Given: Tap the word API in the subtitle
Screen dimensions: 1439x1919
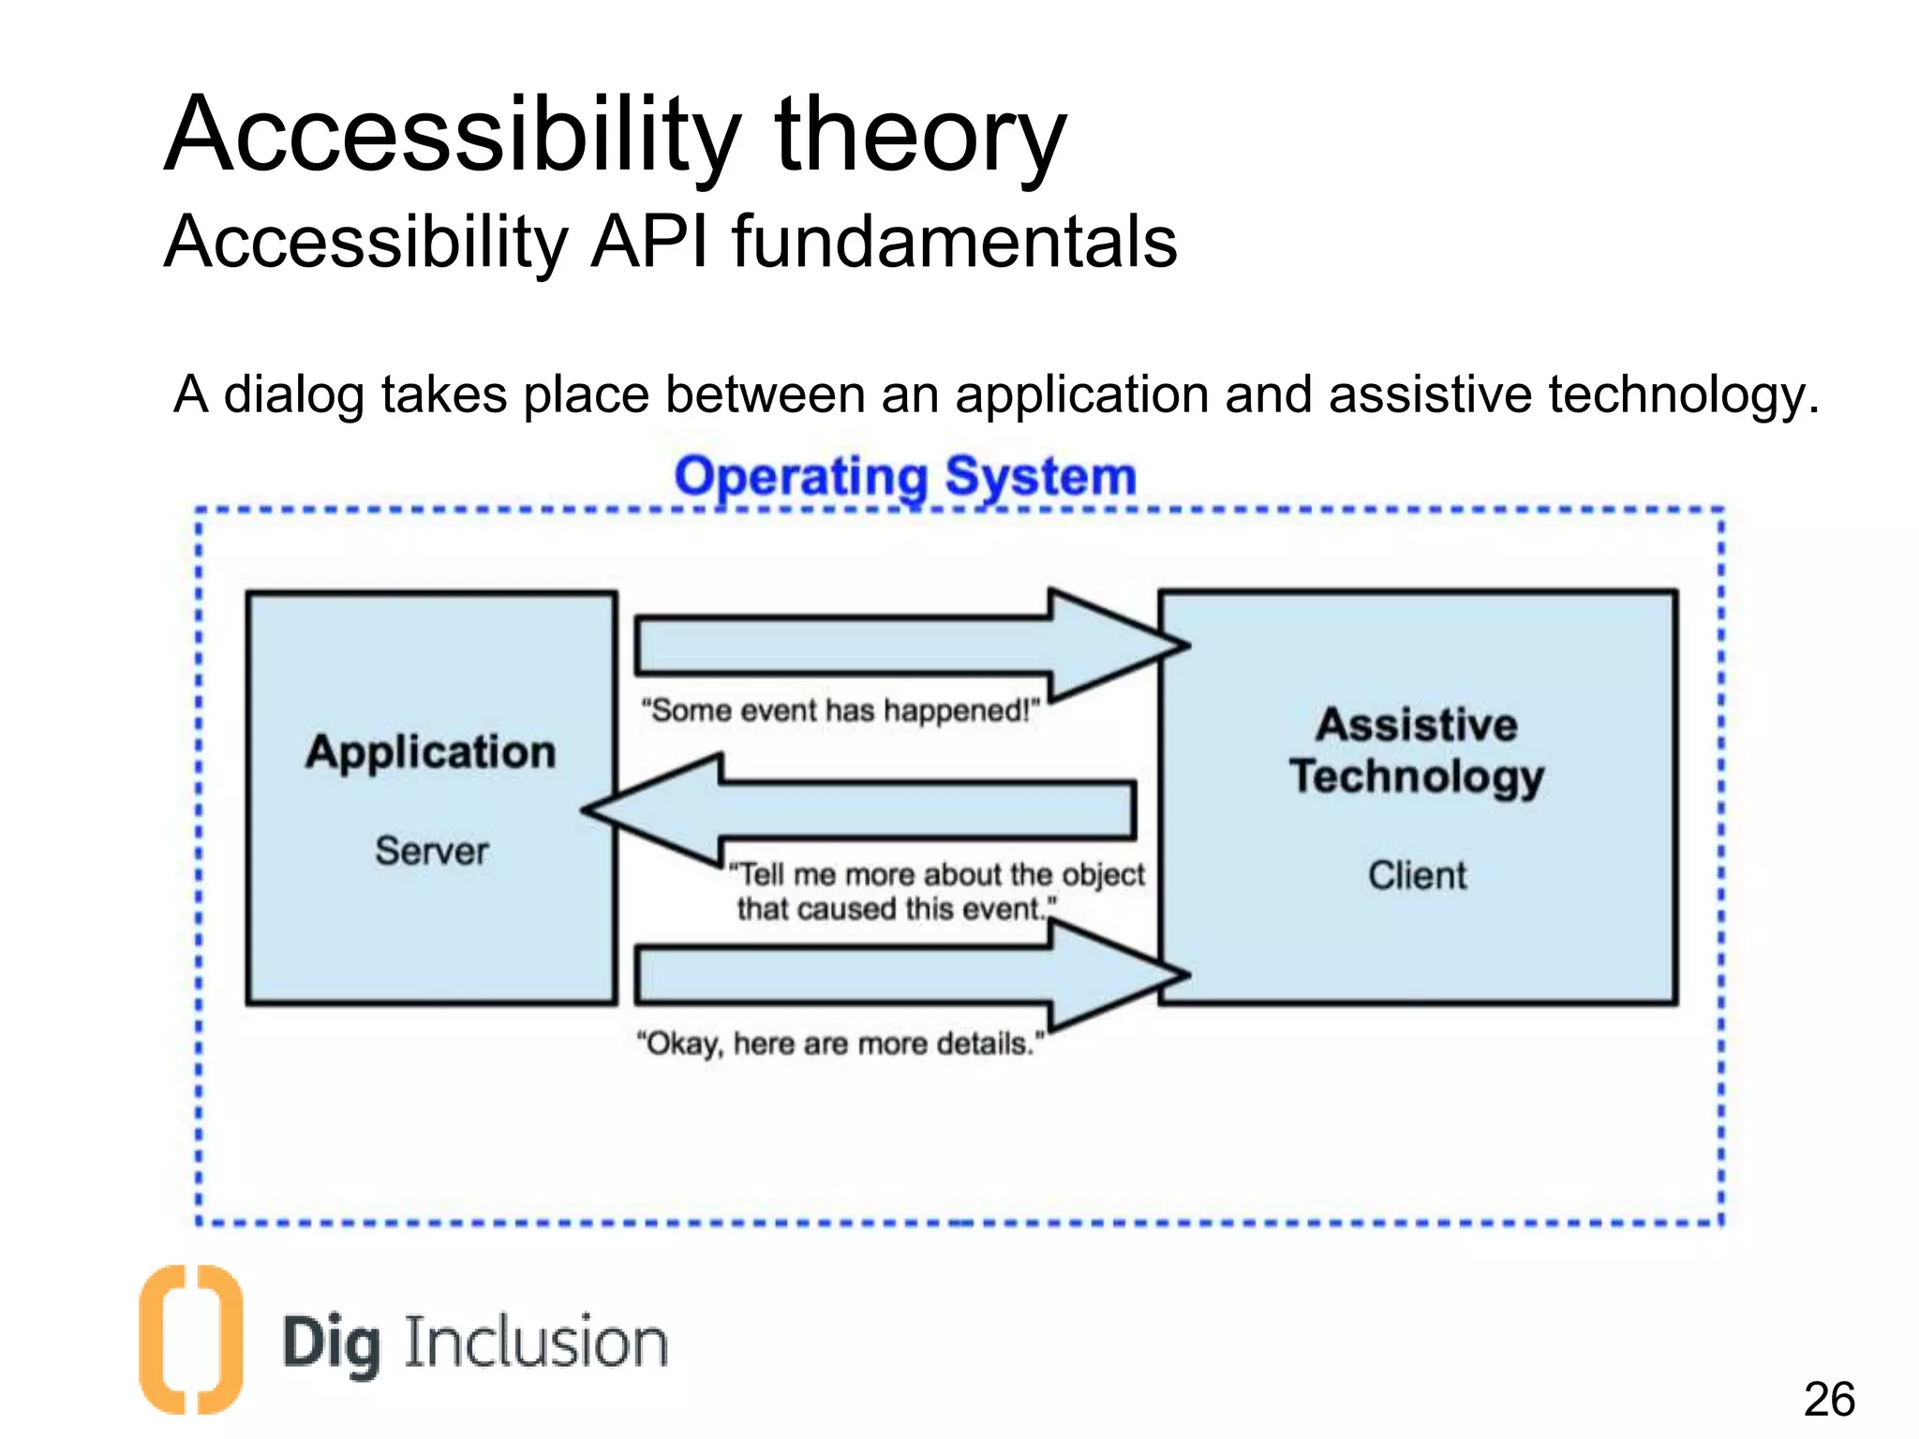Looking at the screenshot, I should point(648,242).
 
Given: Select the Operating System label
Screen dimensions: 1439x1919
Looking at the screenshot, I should point(905,476).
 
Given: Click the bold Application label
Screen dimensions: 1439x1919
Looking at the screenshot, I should point(431,751).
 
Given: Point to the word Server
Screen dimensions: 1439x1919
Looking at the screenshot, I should point(432,851).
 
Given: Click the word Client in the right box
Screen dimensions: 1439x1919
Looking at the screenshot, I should point(1417,875).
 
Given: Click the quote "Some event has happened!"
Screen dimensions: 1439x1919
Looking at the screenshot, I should point(840,710).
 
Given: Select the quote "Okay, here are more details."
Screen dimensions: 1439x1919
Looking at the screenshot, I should point(840,1043).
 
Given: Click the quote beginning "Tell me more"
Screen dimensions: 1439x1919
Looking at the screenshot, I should point(937,891).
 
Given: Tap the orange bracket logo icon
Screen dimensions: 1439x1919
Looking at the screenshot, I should point(191,1339).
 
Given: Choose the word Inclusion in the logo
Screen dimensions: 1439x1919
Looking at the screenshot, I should point(536,1342).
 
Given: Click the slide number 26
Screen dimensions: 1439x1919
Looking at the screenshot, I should point(1829,1400).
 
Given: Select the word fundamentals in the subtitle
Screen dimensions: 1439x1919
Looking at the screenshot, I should point(954,242).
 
